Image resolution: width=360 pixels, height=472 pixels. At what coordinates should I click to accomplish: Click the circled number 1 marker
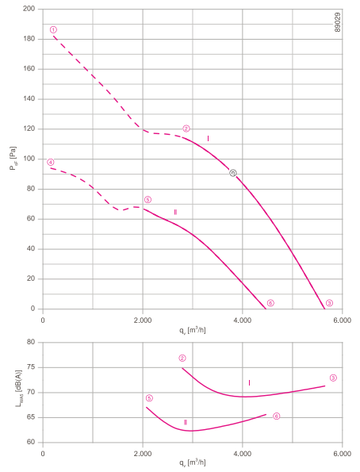click(53, 30)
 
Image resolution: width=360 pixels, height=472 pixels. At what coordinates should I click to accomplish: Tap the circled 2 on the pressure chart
click(186, 129)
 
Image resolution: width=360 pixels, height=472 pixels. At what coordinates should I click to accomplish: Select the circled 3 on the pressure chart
click(330, 303)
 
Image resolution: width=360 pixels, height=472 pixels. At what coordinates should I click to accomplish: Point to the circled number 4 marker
click(51, 163)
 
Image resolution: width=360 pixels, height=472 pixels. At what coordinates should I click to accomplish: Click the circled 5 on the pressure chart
click(147, 200)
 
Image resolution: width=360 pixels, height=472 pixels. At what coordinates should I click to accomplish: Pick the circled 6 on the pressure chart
click(270, 303)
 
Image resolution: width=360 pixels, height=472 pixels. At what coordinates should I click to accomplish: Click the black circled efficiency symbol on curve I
click(233, 173)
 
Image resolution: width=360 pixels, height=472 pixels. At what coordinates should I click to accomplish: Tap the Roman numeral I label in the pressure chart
click(208, 139)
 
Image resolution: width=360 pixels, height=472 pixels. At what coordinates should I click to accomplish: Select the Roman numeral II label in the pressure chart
click(175, 213)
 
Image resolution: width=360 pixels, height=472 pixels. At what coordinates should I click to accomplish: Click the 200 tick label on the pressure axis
click(29, 9)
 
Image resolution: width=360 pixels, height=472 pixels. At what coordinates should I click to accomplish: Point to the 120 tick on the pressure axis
click(29, 129)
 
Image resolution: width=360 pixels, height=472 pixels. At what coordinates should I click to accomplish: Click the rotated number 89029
click(338, 22)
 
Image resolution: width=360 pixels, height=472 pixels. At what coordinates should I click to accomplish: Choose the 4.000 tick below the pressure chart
click(243, 320)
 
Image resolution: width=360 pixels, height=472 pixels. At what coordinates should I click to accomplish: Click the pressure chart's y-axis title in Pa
click(13, 159)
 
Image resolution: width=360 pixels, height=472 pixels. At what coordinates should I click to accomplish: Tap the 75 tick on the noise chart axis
click(31, 367)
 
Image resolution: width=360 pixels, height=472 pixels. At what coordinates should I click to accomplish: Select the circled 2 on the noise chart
click(182, 359)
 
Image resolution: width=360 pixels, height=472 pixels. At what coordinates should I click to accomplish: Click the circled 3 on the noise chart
click(333, 378)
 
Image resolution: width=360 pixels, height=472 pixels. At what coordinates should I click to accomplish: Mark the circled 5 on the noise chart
click(149, 398)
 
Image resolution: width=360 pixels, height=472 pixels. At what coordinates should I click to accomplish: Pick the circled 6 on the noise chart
click(276, 416)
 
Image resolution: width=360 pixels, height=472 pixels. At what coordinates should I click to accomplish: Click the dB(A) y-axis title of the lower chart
click(19, 389)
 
